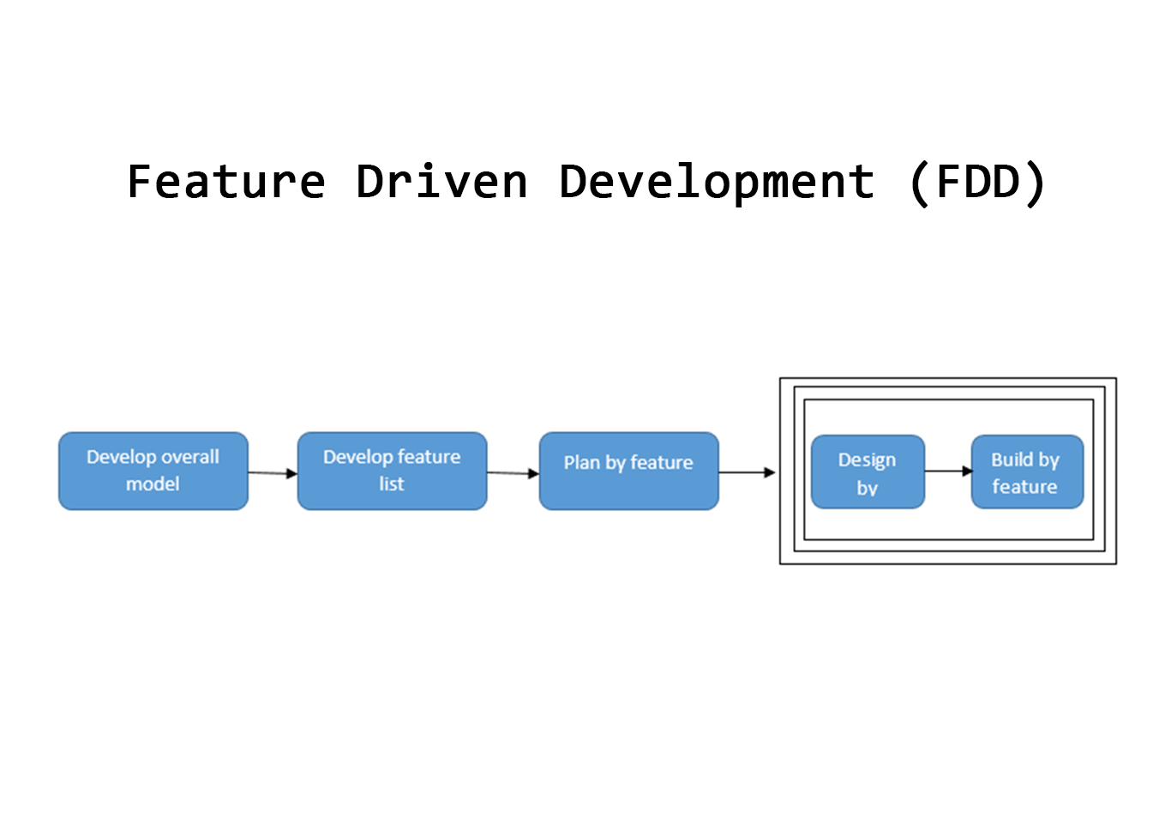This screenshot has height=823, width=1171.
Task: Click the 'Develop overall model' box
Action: (x=153, y=472)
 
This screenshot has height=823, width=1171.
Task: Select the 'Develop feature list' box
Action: (x=392, y=472)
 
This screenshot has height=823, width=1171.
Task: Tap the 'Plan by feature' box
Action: (x=629, y=472)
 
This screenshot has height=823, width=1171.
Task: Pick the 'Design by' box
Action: (x=868, y=472)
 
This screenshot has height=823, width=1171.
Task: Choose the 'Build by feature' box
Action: (x=1027, y=472)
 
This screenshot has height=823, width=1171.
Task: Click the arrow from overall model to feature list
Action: (x=273, y=473)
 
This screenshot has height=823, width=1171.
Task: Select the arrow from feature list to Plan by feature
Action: (x=513, y=473)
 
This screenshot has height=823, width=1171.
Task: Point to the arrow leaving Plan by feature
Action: (x=747, y=472)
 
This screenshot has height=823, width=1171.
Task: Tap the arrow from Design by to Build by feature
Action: (x=948, y=472)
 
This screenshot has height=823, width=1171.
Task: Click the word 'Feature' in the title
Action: (x=226, y=182)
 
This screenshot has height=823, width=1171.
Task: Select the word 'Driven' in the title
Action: (x=441, y=181)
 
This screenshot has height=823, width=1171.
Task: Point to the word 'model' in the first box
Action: (x=153, y=484)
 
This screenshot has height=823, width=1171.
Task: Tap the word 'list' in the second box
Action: (x=392, y=484)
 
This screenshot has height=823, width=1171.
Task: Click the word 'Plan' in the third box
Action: (x=582, y=462)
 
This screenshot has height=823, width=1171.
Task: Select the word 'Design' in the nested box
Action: (x=867, y=460)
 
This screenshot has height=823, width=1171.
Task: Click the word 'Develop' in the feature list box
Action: (x=357, y=458)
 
